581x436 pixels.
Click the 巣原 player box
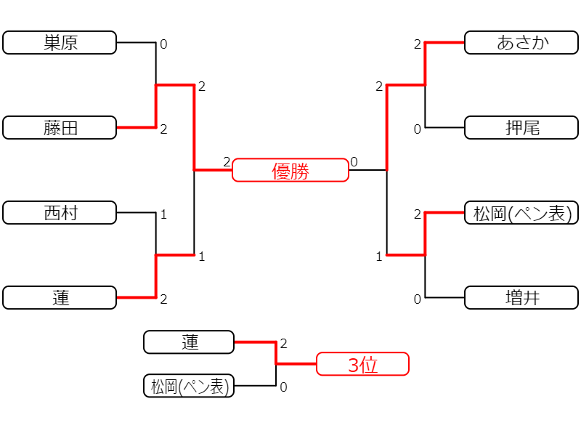coord(60,43)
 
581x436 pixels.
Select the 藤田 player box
coord(60,128)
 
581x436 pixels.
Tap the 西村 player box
coord(60,212)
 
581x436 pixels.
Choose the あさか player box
coord(521,43)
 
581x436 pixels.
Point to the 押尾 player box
coord(521,128)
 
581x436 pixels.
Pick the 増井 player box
coord(521,297)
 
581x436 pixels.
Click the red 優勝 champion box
coord(290,170)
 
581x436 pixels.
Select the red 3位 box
coord(362,364)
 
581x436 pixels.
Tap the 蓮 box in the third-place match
coord(189,342)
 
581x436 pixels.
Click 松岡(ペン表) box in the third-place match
coord(189,386)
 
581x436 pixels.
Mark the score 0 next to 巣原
coord(163,44)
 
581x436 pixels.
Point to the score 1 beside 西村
coord(163,214)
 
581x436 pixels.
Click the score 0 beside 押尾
coord(418,129)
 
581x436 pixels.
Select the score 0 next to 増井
coord(418,299)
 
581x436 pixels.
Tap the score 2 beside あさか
coord(418,44)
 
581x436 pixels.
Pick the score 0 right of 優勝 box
coord(354,161)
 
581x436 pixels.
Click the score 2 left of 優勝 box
coord(227,161)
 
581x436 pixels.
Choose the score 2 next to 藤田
coord(163,129)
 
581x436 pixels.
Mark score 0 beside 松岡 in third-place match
coord(283,387)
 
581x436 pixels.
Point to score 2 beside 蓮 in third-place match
coord(283,344)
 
